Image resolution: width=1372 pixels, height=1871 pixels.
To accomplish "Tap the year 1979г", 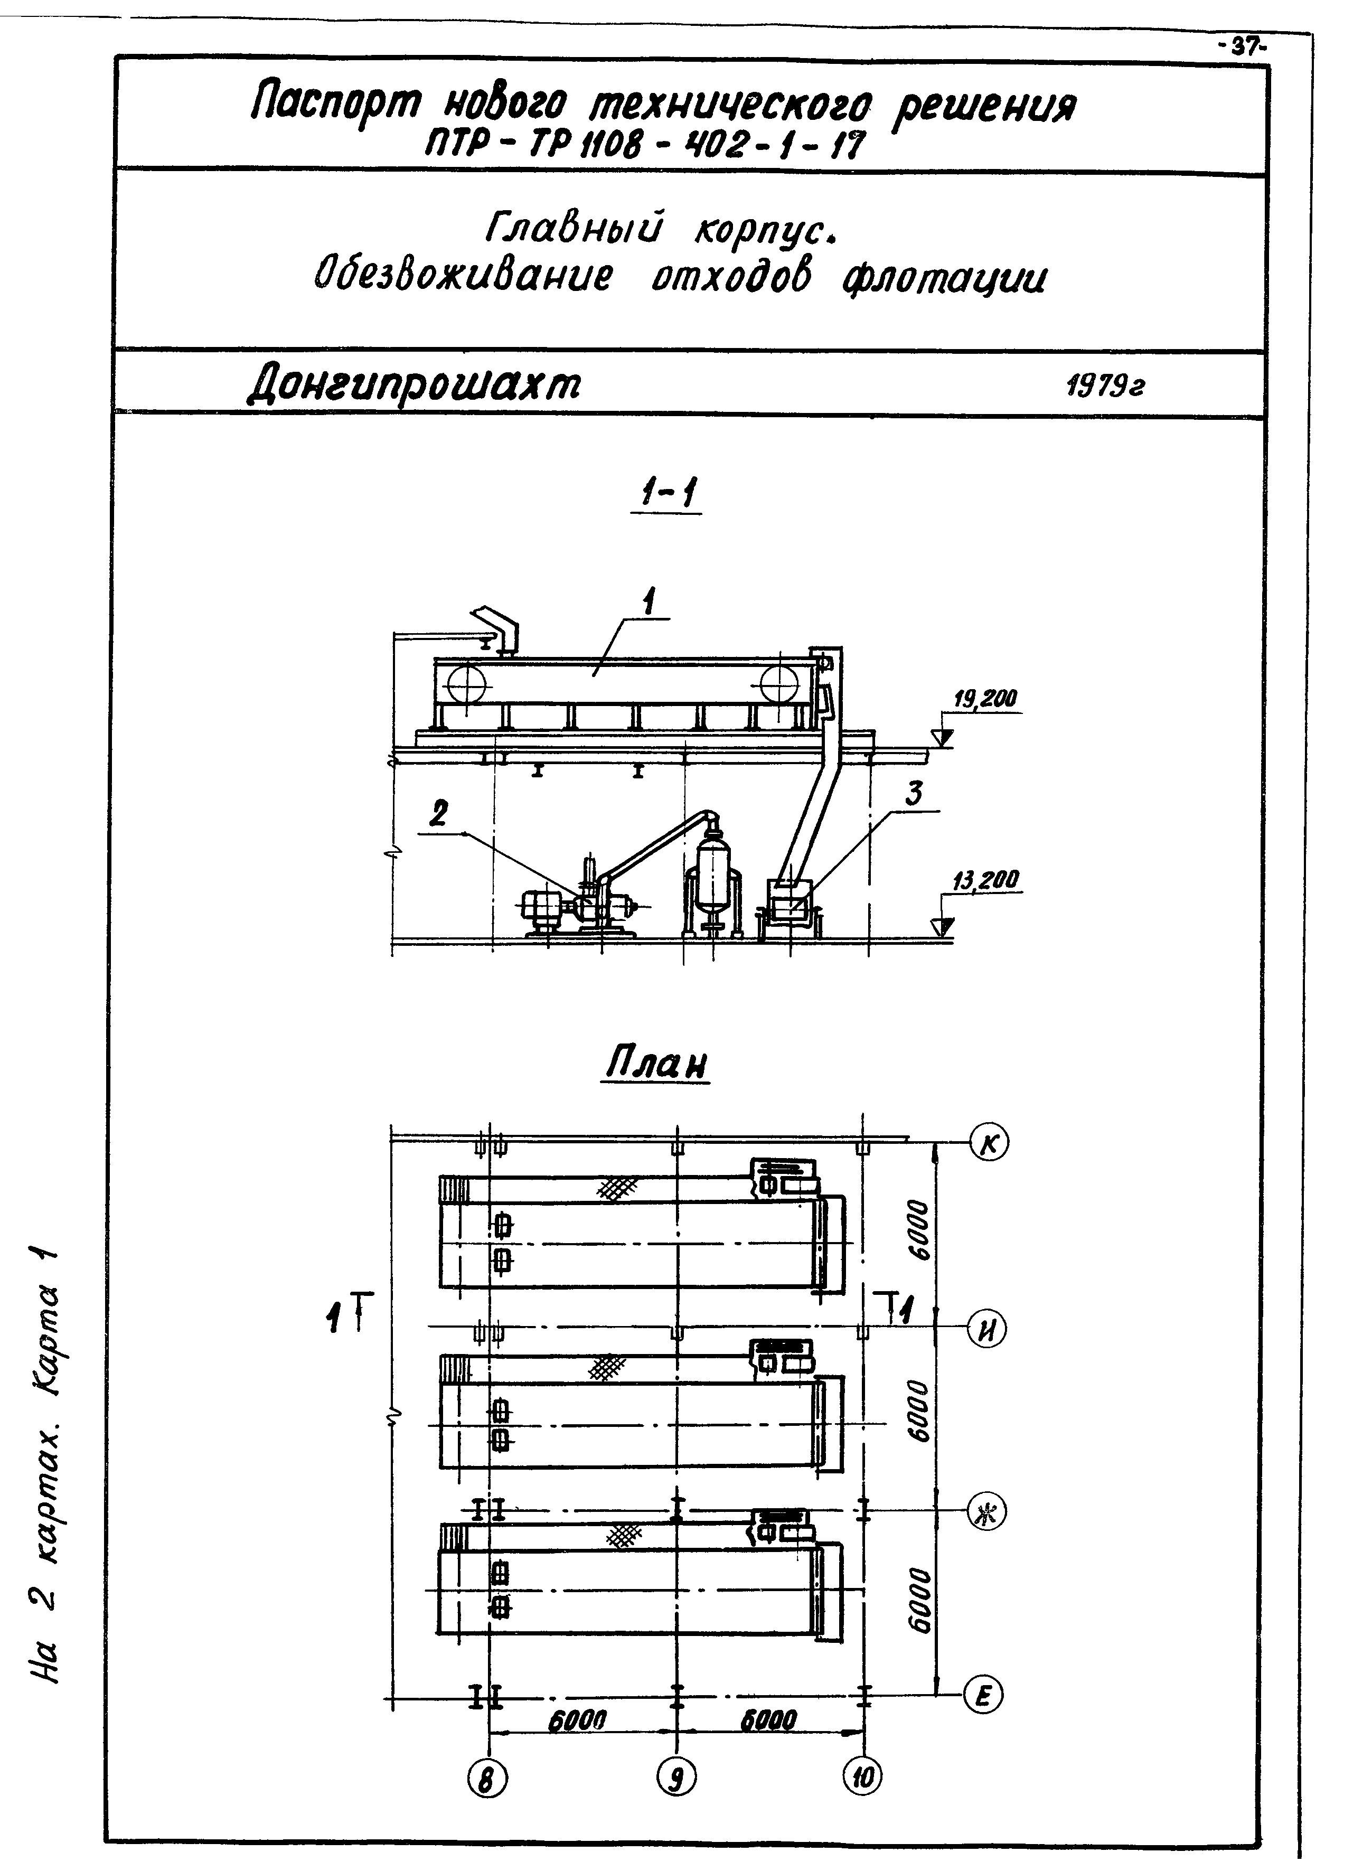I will tap(1105, 386).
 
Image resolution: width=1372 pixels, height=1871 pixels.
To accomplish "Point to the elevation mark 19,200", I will tap(985, 699).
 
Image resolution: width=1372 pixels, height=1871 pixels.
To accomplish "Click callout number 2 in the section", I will tap(438, 814).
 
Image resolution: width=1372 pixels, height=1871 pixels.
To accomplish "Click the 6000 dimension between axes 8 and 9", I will tap(577, 1720).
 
